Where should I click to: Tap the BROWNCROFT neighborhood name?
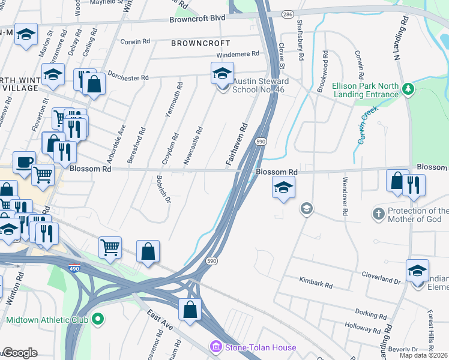(200, 43)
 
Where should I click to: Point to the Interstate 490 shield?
(74, 266)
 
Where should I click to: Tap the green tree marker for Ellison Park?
(408, 89)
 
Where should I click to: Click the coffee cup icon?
(24, 162)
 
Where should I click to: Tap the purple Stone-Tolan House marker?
(215, 347)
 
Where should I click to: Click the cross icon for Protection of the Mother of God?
(378, 214)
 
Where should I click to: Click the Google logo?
(20, 353)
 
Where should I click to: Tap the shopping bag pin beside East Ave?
(190, 310)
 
